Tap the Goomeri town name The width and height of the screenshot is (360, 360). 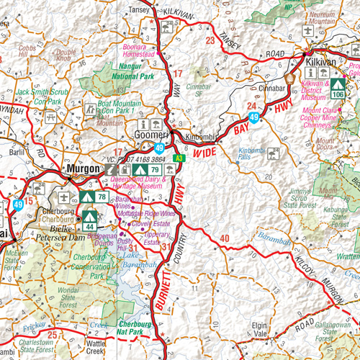pyautogui.click(x=153, y=135)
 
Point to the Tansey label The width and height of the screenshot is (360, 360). pyautogui.click(x=138, y=10)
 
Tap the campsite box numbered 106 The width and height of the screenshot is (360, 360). pyautogui.click(x=338, y=89)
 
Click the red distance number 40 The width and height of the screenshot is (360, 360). pyautogui.click(x=224, y=238)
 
